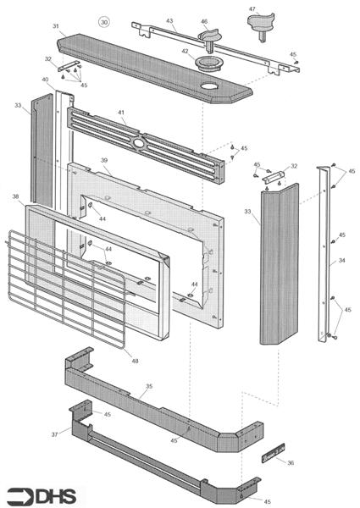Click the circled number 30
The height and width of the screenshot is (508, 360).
[x=104, y=22]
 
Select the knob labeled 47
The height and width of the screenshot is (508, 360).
[x=261, y=25]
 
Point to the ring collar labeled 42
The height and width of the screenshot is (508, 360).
[x=208, y=63]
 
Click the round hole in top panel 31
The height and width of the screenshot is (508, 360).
[x=209, y=86]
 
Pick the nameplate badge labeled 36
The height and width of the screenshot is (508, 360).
[x=273, y=453]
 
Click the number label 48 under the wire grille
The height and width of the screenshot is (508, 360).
[x=135, y=361]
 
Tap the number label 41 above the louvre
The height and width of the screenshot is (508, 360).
[x=121, y=113]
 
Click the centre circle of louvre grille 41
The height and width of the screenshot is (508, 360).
[x=139, y=142]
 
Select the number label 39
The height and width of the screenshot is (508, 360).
[x=104, y=160]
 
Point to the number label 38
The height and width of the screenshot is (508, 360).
[x=15, y=196]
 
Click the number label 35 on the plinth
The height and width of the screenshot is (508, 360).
[x=149, y=386]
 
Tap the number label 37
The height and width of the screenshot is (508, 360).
[x=55, y=434]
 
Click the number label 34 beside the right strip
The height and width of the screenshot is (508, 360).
[x=341, y=260]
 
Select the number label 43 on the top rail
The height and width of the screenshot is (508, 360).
[x=169, y=20]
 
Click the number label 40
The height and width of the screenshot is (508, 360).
[x=45, y=80]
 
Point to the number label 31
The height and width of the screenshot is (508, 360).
[x=56, y=26]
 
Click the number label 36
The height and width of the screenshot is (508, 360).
[x=291, y=462]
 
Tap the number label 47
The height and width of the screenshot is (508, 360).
[x=252, y=8]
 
